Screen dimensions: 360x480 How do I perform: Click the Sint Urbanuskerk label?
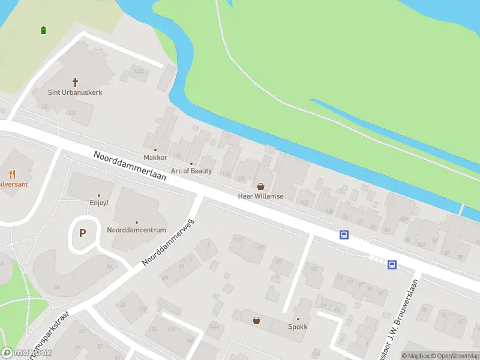(x=76, y=92)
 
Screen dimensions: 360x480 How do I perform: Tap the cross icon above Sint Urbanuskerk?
(x=76, y=82)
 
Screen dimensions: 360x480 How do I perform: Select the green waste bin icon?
(x=43, y=30)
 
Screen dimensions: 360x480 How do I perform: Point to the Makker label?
(x=155, y=158)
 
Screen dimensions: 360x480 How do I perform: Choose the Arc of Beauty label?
(x=191, y=171)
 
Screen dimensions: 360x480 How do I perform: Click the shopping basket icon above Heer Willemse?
(x=260, y=187)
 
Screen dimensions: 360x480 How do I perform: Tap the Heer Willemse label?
(x=260, y=196)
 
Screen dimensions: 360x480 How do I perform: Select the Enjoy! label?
(x=99, y=203)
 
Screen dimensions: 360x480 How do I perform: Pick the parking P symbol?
(x=83, y=233)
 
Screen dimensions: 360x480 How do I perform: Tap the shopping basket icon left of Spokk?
(x=257, y=320)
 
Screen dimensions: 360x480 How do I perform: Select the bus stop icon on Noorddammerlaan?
(x=344, y=235)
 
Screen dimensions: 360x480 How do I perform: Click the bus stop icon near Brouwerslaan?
(x=392, y=265)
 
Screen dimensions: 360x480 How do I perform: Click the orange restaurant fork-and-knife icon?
(x=13, y=174)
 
